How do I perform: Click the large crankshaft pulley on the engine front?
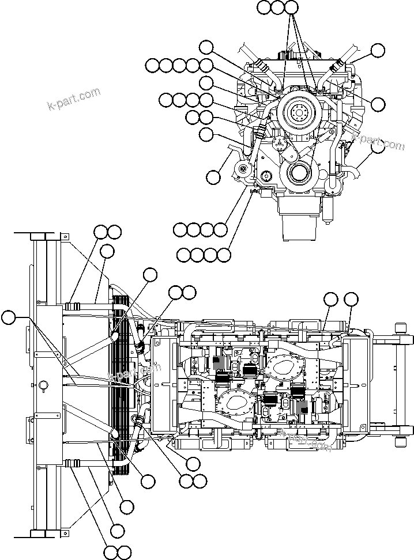[299, 112]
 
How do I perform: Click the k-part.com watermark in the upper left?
[73, 99]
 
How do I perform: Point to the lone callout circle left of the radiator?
[9, 317]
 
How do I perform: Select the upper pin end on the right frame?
[400, 328]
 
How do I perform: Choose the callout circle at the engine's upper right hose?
[377, 51]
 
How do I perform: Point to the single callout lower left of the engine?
[213, 177]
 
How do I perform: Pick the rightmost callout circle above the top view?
[351, 299]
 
